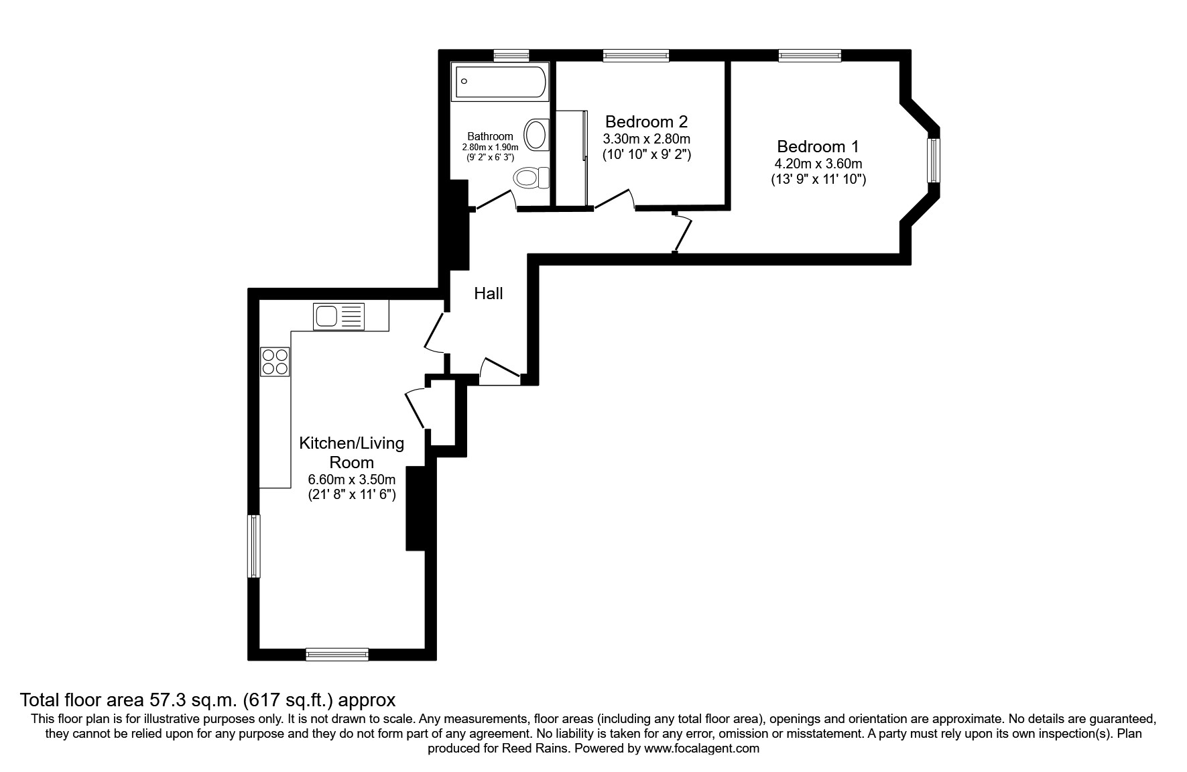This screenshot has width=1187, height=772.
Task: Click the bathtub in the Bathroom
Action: [x=500, y=82]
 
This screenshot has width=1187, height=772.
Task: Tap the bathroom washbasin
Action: [x=537, y=134]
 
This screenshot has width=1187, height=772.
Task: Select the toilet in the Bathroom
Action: [x=530, y=178]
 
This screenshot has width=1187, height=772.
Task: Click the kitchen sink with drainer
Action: [x=338, y=316]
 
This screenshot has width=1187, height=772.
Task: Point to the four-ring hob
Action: [x=275, y=362]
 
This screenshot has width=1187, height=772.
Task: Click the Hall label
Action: [x=488, y=293]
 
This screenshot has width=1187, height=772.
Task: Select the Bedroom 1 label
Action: [x=818, y=146]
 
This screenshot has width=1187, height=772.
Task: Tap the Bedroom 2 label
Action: [x=646, y=121]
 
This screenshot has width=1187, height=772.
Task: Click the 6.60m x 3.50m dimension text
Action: [x=351, y=480]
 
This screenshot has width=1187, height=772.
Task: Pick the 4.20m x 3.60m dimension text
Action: [x=818, y=164]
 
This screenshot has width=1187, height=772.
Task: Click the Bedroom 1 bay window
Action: [x=932, y=160]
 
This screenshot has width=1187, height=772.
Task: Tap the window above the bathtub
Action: [x=511, y=56]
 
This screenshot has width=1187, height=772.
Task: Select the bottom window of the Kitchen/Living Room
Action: [x=337, y=654]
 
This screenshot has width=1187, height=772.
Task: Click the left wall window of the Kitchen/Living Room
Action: [x=254, y=545]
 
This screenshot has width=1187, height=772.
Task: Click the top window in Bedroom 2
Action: [x=635, y=56]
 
